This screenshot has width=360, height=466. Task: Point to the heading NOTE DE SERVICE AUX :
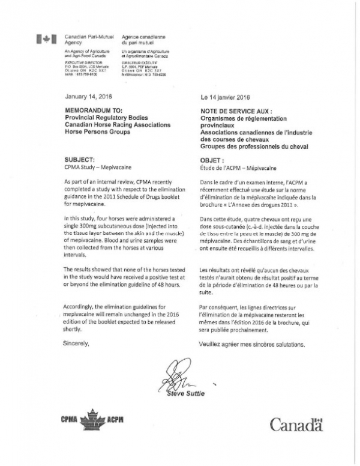point(235,111)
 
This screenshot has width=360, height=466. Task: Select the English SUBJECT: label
point(79,160)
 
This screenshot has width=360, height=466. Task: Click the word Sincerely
point(76,344)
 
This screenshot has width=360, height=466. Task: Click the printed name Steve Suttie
point(187,394)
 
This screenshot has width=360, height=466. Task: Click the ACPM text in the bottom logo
point(115,419)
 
